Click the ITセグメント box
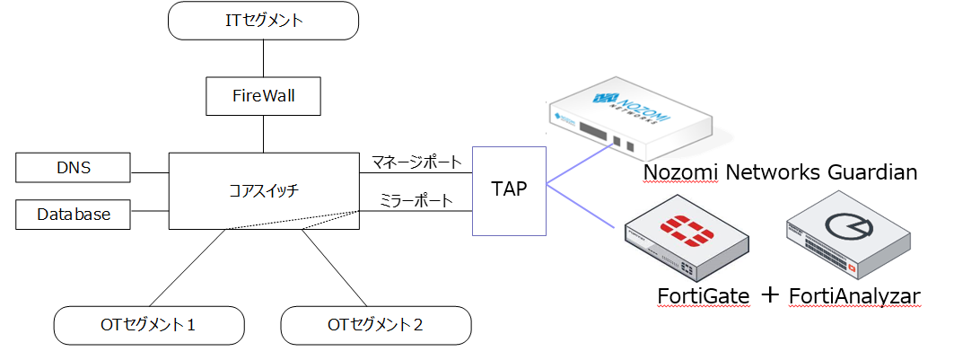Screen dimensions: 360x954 (263, 21)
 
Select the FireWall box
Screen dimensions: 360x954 (263, 95)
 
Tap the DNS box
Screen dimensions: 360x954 (73, 167)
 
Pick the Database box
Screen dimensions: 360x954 (73, 215)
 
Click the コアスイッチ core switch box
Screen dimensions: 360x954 (263, 190)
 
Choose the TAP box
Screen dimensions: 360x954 (509, 190)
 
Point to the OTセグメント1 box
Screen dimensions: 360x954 (149, 326)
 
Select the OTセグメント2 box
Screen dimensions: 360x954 (376, 326)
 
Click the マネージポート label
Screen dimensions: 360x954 (416, 162)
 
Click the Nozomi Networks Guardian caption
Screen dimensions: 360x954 (780, 171)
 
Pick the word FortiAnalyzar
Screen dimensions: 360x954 (853, 295)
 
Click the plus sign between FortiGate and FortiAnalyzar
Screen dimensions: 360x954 (770, 294)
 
